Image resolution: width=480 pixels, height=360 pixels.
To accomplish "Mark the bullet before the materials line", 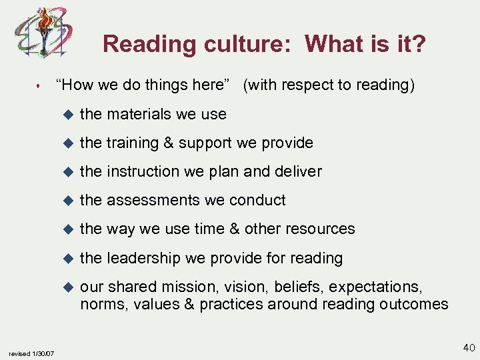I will pos(66,115).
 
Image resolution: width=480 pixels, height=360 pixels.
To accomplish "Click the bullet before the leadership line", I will pos(66,257).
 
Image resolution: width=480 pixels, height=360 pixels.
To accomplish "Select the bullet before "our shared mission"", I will pos(66,286).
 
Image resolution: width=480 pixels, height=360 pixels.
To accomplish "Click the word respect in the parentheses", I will pos(305,85).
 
